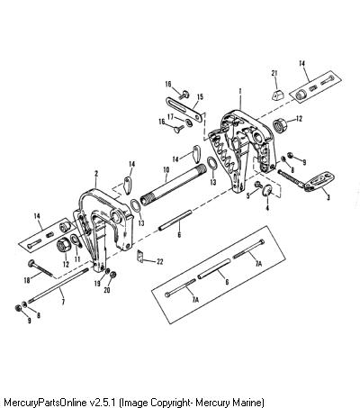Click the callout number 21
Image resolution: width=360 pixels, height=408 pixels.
click(274, 73)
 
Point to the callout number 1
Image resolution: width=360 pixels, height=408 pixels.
click(240, 90)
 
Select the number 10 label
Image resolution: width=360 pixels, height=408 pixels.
click(166, 169)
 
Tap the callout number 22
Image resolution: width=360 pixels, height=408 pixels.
click(160, 262)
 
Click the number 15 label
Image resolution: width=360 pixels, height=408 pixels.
click(200, 97)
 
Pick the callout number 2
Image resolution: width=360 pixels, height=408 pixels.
click(96, 174)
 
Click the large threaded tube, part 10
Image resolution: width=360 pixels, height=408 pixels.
click(174, 185)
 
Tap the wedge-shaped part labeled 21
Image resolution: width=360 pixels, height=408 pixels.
click(279, 94)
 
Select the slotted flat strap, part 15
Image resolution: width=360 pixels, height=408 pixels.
click(184, 110)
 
